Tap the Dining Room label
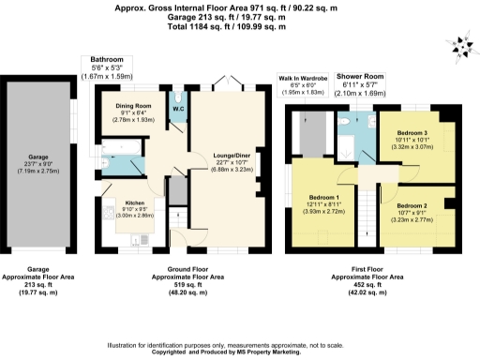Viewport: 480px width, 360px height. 131,105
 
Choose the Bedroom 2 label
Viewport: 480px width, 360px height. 412,204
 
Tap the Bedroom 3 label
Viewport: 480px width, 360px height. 412,133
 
